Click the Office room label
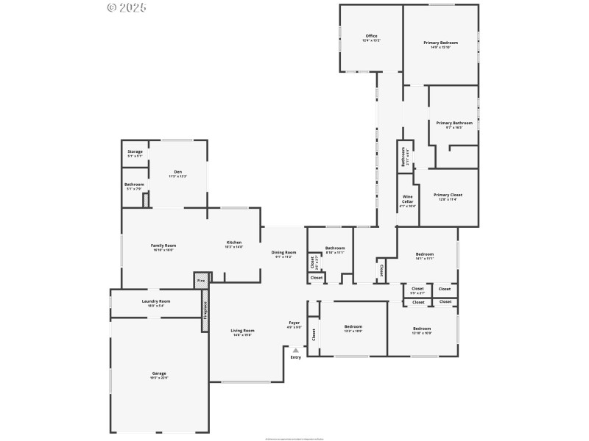[371, 36]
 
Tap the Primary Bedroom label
[440, 43]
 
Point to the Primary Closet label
[449, 195]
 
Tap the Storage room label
[135, 151]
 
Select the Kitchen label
[234, 243]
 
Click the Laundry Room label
[156, 301]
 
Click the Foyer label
[294, 323]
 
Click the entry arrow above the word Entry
[295, 351]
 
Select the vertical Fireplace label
[205, 309]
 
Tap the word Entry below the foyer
[295, 357]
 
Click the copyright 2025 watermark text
[127, 7]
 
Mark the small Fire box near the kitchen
[200, 280]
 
